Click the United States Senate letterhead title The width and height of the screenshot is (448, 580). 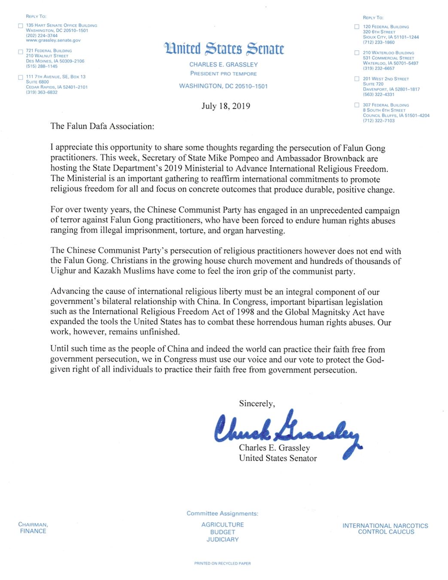[224, 49]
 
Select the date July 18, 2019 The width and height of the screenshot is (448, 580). [226, 106]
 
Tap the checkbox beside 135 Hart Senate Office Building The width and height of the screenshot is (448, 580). [21, 26]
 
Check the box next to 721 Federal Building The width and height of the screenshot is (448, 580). [21, 52]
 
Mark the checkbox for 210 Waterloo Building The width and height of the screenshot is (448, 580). [357, 53]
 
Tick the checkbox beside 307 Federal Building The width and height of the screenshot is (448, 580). [357, 105]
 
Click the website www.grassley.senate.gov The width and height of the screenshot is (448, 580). [53, 40]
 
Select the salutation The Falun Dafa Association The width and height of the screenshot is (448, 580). [102, 126]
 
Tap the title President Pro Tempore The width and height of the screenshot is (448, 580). [223, 73]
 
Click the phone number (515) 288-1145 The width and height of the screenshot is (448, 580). [42, 66]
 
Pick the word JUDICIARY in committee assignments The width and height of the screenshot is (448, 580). [222, 540]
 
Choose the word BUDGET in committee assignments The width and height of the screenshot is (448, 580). [222, 532]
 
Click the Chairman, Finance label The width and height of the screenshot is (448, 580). [33, 528]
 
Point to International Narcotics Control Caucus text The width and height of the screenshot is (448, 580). [385, 528]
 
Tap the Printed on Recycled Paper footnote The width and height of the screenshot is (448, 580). [222, 563]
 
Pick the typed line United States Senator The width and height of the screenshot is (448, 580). [278, 458]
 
